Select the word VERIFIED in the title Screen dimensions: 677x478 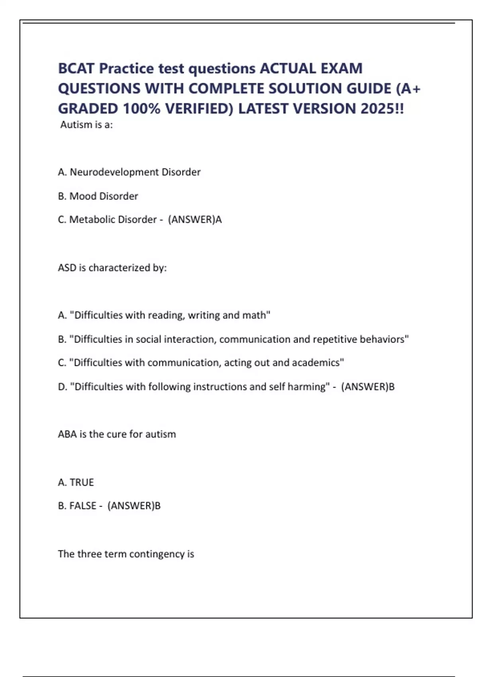(x=199, y=108)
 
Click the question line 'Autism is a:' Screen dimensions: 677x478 (x=86, y=125)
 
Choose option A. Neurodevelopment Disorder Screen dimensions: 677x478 (x=129, y=172)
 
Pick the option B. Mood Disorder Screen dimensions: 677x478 (x=98, y=196)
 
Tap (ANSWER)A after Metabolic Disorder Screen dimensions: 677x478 (x=195, y=219)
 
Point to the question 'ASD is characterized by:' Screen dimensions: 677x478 (x=112, y=268)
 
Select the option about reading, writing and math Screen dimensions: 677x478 (x=164, y=315)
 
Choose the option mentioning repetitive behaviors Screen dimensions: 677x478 (x=233, y=339)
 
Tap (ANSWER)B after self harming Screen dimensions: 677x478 (x=368, y=387)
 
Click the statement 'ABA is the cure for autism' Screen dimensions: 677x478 (x=117, y=434)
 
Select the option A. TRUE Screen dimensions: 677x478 (x=76, y=482)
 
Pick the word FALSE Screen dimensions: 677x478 (x=83, y=506)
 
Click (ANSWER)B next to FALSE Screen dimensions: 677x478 (x=134, y=506)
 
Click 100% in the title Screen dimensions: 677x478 (x=140, y=108)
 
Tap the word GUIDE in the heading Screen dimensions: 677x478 (x=369, y=88)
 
